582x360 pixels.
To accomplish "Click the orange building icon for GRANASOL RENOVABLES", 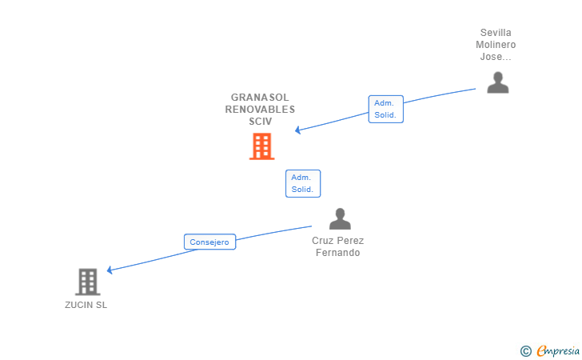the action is click(261, 146).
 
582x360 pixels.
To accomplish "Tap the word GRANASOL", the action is click(260, 98).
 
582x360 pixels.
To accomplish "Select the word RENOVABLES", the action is click(260, 110).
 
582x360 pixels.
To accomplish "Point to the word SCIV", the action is click(260, 122).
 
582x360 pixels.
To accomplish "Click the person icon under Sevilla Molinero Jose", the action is click(498, 82).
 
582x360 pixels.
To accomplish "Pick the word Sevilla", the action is click(496, 33).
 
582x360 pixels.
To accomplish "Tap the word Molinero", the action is click(496, 45).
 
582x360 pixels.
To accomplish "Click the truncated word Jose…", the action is click(496, 57).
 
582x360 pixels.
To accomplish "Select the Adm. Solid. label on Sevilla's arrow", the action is click(385, 109).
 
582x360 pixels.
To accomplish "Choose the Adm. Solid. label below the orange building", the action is click(303, 183).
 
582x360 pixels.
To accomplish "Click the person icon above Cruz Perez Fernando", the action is click(340, 219).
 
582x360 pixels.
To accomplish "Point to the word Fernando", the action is click(337, 253).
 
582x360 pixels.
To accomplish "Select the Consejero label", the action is click(209, 242).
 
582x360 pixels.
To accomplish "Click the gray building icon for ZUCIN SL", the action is click(87, 282).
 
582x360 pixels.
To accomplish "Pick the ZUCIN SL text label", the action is click(86, 305).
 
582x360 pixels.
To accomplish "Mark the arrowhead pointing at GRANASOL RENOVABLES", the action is click(297, 130).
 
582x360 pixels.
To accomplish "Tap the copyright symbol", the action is click(525, 350).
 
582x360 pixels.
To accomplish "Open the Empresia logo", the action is click(558, 350).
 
